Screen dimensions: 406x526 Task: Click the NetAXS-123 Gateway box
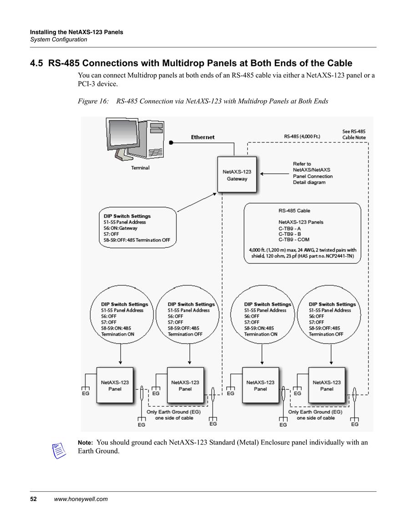[237, 174]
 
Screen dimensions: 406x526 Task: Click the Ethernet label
[203, 137]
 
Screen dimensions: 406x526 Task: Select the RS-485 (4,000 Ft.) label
[302, 137]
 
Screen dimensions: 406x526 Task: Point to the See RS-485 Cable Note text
[354, 134]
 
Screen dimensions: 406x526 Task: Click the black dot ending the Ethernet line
[171, 143]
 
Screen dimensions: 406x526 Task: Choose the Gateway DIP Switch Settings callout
[137, 228]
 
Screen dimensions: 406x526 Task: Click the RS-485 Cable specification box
[302, 233]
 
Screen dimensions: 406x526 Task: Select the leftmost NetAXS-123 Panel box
[115, 385]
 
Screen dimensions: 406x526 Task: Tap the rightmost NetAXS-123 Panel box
[326, 385]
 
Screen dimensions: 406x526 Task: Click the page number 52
[33, 499]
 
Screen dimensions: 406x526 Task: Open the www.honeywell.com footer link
[81, 499]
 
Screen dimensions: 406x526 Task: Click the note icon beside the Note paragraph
[59, 450]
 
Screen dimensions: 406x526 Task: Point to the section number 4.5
[36, 63]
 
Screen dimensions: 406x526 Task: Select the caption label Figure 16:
[93, 101]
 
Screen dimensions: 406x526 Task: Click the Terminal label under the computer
[140, 168]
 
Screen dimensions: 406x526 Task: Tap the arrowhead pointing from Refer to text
[262, 174]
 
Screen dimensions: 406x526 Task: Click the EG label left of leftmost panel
[86, 393]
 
